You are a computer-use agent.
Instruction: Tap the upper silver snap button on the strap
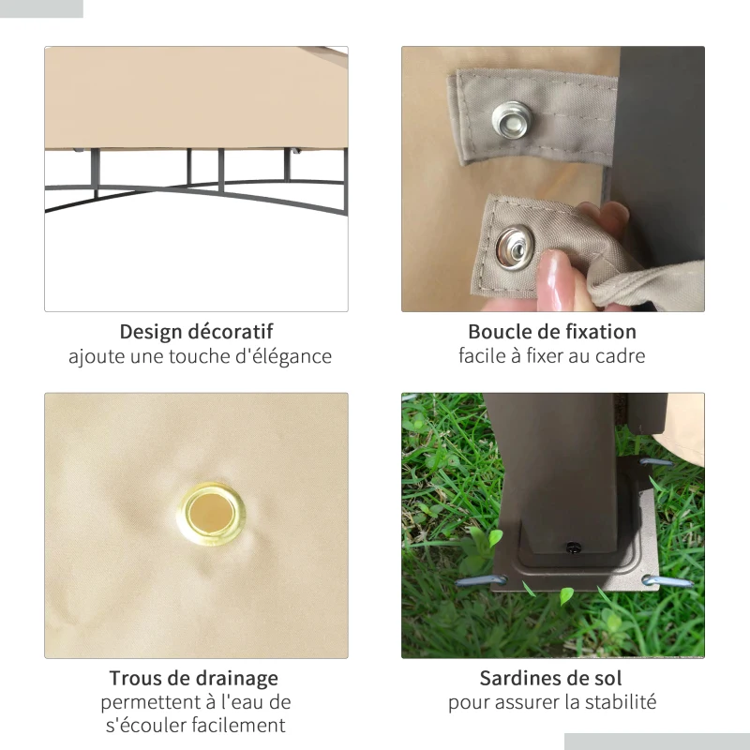511,118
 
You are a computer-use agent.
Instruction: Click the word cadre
620,356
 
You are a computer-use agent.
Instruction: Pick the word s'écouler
142,726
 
